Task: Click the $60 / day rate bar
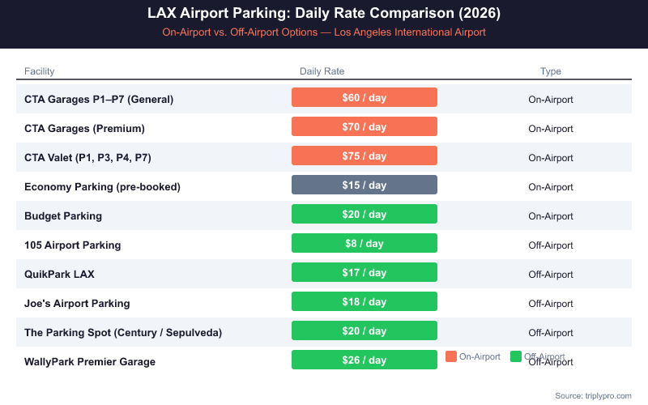pos(364,98)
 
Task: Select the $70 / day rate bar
pos(364,127)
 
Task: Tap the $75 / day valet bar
pos(364,156)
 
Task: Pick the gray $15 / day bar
pos(364,185)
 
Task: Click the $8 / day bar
pos(364,244)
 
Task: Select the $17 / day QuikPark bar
pos(364,273)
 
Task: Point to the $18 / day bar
pos(364,302)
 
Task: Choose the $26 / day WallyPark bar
pos(364,360)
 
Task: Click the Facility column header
pos(40,71)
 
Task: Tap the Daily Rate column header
pos(322,71)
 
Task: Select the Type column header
pos(551,71)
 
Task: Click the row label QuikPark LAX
pos(59,275)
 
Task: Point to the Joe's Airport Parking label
pos(77,304)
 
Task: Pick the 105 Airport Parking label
pos(72,245)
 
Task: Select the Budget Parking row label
pos(63,216)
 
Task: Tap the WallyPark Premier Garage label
pos(90,362)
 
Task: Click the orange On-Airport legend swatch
pos(451,356)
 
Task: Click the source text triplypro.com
pos(593,395)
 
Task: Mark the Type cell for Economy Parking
pos(551,187)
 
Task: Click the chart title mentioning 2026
pos(324,14)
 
